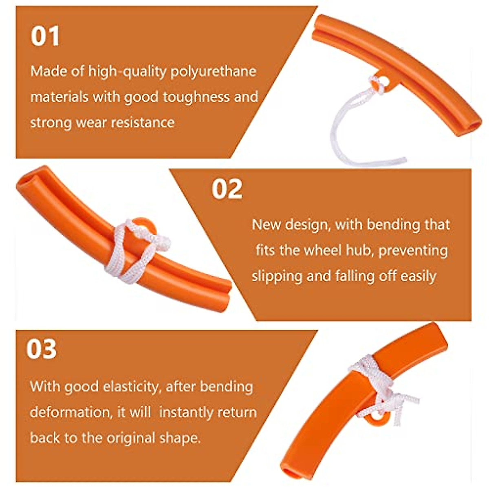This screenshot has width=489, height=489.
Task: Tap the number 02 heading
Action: point(227,189)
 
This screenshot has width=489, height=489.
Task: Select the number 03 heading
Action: point(42,349)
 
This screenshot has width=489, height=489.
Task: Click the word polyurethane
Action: point(213,72)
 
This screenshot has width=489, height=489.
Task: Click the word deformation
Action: point(70,412)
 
